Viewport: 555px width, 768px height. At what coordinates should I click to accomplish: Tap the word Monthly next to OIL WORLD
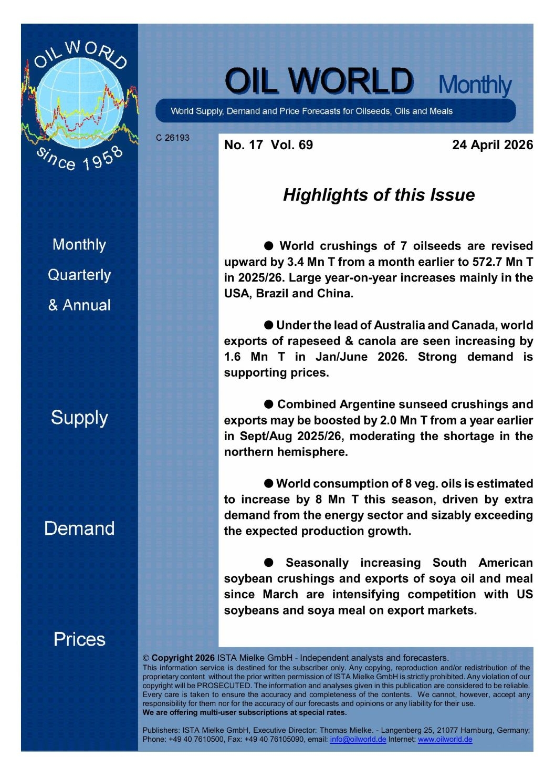coord(474,85)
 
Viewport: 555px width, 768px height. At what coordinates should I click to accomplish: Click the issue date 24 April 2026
coord(492,145)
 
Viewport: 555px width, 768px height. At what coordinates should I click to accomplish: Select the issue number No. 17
coord(243,145)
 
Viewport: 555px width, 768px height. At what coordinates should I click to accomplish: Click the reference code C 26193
coord(172,138)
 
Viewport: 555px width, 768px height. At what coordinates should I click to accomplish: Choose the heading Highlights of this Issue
coord(379,195)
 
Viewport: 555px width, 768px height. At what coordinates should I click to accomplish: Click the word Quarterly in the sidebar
coord(79,275)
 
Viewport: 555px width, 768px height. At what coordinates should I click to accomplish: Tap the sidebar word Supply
coord(79,418)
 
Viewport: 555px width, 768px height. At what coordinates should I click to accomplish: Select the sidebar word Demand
coord(79,528)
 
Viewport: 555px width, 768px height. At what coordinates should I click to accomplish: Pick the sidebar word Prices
coord(79,639)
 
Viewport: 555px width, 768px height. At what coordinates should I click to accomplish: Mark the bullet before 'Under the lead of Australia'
coord(268,325)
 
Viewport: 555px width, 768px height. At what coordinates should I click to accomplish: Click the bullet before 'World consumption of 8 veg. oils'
coord(268,483)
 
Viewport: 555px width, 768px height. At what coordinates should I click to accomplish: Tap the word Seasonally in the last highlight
coord(317,563)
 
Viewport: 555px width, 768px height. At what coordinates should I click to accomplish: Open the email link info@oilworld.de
coord(358,739)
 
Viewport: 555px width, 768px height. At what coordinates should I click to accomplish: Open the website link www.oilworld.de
coord(445,739)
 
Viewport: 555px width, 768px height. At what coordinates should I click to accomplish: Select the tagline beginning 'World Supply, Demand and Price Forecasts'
coord(311,111)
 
